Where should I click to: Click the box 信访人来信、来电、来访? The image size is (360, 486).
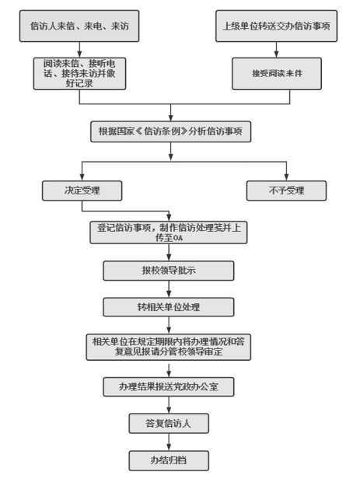coord(79,26)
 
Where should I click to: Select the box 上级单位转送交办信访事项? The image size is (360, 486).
coord(276,26)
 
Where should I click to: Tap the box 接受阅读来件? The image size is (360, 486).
coord(277,74)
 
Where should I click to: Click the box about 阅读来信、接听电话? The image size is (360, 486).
coord(79,74)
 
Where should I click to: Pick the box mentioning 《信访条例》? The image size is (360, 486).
coord(171,131)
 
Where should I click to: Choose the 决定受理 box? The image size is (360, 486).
coord(82,191)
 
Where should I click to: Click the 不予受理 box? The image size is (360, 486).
coord(286,191)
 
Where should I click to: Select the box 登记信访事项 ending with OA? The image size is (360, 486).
coord(169,233)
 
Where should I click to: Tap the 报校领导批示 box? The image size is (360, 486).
coord(169,271)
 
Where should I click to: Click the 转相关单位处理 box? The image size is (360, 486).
coord(169,307)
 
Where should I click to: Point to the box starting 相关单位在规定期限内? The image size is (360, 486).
coord(169,347)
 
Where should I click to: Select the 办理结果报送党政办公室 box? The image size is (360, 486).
coord(169,386)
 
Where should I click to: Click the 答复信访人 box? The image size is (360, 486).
coord(169,423)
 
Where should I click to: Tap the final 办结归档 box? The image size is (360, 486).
coord(169,460)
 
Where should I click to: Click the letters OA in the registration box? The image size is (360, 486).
coord(178,239)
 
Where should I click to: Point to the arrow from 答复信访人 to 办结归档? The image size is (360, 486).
coord(169,442)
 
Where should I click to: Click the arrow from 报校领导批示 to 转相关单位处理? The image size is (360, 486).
coord(169,289)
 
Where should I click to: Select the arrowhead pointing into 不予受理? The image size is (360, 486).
coord(286,177)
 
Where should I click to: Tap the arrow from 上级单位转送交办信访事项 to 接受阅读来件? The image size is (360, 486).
coord(276,50)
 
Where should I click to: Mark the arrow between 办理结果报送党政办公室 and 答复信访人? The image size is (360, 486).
coord(169,405)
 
